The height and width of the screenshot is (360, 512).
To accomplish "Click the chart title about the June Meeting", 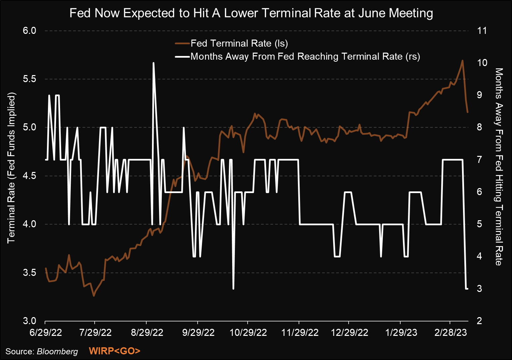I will pos(251,13).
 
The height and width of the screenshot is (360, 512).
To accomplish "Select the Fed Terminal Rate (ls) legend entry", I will pos(239,43).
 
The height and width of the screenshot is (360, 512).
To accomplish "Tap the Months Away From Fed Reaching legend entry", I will pos(305,56).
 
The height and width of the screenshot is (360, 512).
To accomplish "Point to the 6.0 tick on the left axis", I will pos(30,31).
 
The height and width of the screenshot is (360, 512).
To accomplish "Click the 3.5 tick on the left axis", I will pos(30,273).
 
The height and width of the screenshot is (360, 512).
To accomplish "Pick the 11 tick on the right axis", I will pos(482,31).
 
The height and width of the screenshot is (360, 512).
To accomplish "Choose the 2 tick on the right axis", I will pos(479,321).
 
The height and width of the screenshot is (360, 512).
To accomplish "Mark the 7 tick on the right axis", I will pos(479,160).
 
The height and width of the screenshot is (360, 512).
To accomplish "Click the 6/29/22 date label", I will pos(46,332).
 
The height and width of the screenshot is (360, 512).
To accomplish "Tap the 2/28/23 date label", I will pos(451,332).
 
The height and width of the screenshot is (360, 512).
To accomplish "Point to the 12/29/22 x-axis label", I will pos(350,332).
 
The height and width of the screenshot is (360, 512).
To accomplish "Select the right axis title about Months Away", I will pos(499,167).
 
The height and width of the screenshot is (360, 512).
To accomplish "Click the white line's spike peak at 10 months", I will pos(153,63).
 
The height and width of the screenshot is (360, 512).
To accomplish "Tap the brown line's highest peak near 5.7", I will pos(463,61).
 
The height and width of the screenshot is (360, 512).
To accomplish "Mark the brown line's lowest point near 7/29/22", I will pos(94,296).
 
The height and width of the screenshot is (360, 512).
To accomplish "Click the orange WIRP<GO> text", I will pos(114,351).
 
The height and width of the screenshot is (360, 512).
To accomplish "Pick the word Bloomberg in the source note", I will pos(57,351).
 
